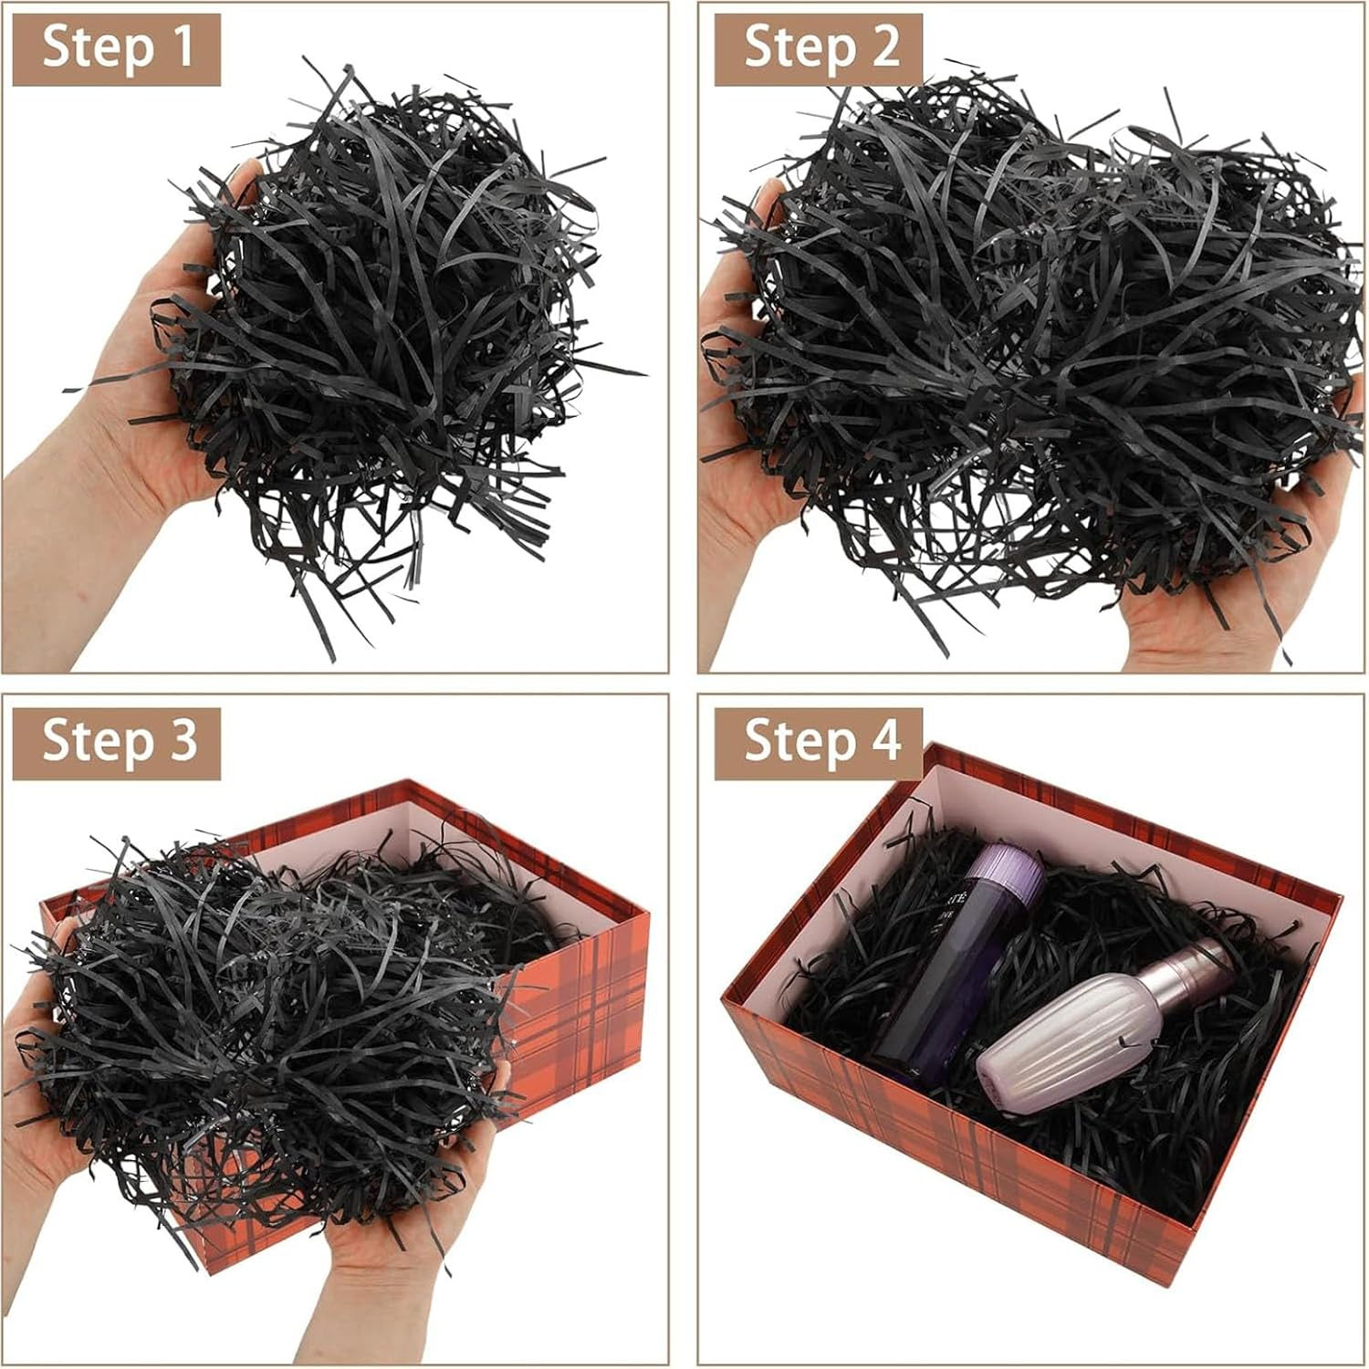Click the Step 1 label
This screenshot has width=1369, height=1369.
click(117, 47)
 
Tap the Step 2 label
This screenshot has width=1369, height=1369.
click(819, 47)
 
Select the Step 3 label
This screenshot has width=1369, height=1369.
click(117, 740)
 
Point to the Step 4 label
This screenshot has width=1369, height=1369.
click(819, 740)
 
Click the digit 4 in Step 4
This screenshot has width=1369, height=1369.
click(882, 740)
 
